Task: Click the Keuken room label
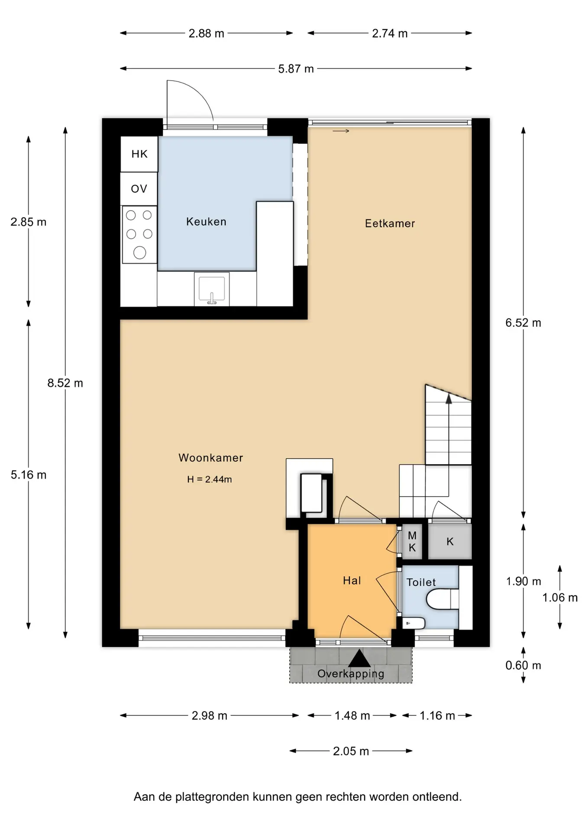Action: click(206, 221)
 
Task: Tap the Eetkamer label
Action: click(390, 223)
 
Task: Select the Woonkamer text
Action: click(210, 458)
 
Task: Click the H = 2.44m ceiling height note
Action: click(210, 479)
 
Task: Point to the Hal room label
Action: click(352, 580)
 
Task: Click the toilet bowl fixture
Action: click(442, 599)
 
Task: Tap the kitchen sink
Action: click(211, 289)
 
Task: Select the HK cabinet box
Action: click(139, 154)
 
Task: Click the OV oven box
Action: click(139, 188)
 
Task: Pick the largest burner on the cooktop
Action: click(139, 253)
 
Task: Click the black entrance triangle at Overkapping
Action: click(359, 658)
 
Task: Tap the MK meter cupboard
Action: click(412, 542)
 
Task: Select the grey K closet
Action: click(450, 542)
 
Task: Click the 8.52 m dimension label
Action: click(65, 383)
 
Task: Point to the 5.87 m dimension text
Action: click(296, 69)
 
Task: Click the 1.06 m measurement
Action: click(560, 598)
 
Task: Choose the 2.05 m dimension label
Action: click(351, 751)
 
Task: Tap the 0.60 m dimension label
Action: click(523, 665)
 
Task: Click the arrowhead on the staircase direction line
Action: click(449, 399)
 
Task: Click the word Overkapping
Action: click(351, 674)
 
